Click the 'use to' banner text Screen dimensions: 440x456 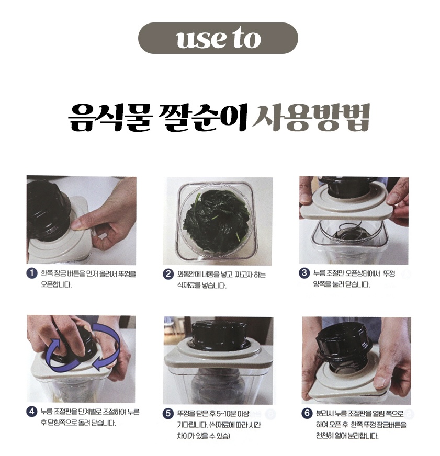(x=218, y=38)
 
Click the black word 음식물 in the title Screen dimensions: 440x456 (x=110, y=118)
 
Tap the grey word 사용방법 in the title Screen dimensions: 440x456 (x=311, y=117)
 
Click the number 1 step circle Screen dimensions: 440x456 (x=32, y=273)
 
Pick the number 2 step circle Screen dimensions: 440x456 (x=168, y=274)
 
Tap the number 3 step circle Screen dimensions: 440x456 (x=304, y=273)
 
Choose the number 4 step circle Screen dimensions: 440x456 (x=32, y=412)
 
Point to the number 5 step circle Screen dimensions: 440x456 (x=168, y=414)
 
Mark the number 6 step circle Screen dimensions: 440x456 (x=307, y=413)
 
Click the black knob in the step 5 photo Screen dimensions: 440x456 (x=218, y=335)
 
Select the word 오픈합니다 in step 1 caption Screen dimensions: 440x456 (x=57, y=285)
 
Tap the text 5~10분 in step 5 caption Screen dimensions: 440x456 (x=227, y=414)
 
